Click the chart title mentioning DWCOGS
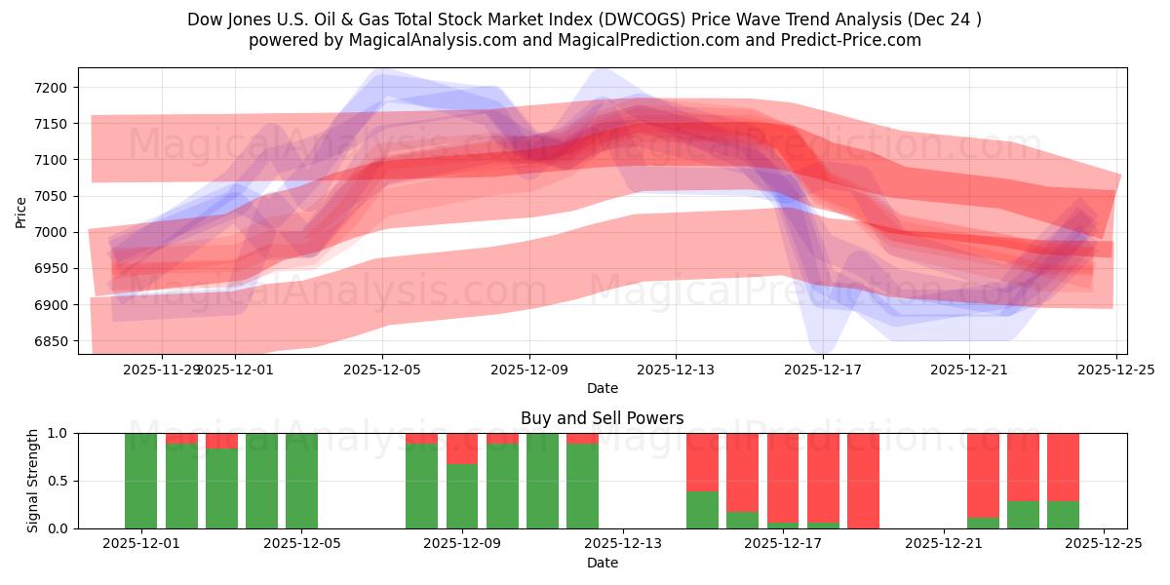click(585, 19)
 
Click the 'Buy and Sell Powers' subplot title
click(602, 418)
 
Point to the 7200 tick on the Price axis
click(49, 88)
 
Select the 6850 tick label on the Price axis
click(49, 341)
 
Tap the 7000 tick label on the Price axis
click(49, 233)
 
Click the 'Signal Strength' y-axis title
click(34, 481)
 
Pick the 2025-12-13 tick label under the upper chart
click(676, 370)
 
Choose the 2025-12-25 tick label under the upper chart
click(1116, 370)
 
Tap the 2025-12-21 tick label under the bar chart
click(944, 545)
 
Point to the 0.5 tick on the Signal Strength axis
click(58, 481)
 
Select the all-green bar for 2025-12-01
click(141, 481)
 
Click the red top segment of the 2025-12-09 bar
click(462, 448)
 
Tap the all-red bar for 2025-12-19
click(863, 481)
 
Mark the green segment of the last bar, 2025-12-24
click(1063, 515)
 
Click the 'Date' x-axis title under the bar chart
click(602, 563)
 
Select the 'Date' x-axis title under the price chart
click(602, 388)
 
